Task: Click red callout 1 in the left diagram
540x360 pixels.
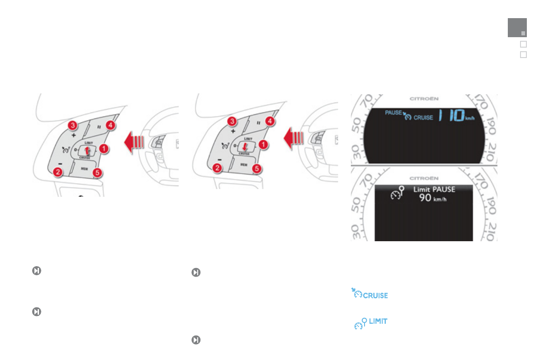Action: [x=104, y=148]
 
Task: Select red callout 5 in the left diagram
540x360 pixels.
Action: [x=97, y=172]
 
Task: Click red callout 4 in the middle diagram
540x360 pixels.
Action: [x=269, y=121]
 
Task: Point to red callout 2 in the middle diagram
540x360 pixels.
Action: [x=218, y=169]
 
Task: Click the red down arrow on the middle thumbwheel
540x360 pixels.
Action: [x=245, y=146]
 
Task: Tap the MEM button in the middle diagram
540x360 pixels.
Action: [x=244, y=165]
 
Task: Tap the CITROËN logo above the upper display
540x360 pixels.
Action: [x=424, y=98]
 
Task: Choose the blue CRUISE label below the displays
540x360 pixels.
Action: [x=375, y=296]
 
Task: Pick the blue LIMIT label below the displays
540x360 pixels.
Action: [x=378, y=321]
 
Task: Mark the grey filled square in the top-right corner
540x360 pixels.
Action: [x=517, y=28]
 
